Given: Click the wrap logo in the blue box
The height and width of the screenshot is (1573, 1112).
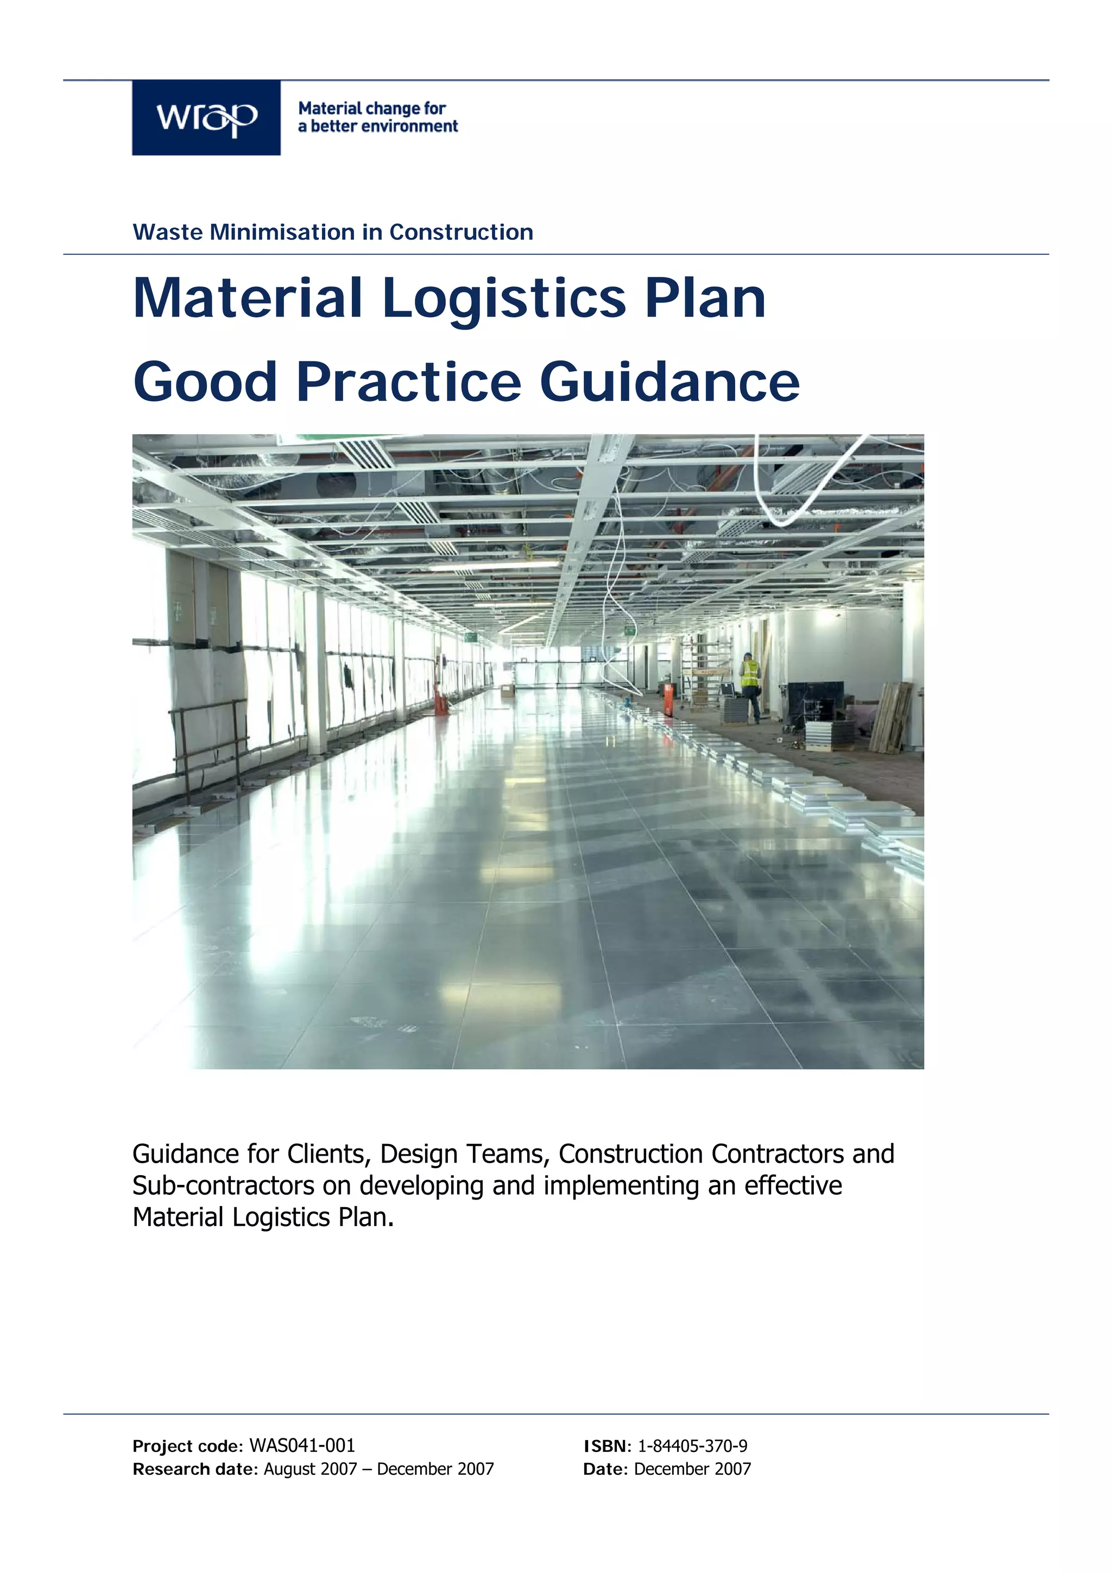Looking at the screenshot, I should click(206, 118).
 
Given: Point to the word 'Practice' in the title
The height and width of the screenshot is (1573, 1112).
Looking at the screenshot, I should click(408, 382).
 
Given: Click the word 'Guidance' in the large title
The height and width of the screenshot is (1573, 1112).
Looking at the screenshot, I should click(669, 382).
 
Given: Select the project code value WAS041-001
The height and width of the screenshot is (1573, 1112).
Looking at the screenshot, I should click(302, 1445).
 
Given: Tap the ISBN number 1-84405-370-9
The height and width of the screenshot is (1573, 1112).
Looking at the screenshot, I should click(692, 1445).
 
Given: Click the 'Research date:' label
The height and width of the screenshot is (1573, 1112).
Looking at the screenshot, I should click(195, 1469).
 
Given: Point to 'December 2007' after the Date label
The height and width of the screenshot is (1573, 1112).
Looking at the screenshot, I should click(692, 1469).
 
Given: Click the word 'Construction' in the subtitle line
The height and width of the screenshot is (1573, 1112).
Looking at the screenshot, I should click(461, 232).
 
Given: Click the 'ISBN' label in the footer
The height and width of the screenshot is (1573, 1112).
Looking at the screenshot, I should click(604, 1445).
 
